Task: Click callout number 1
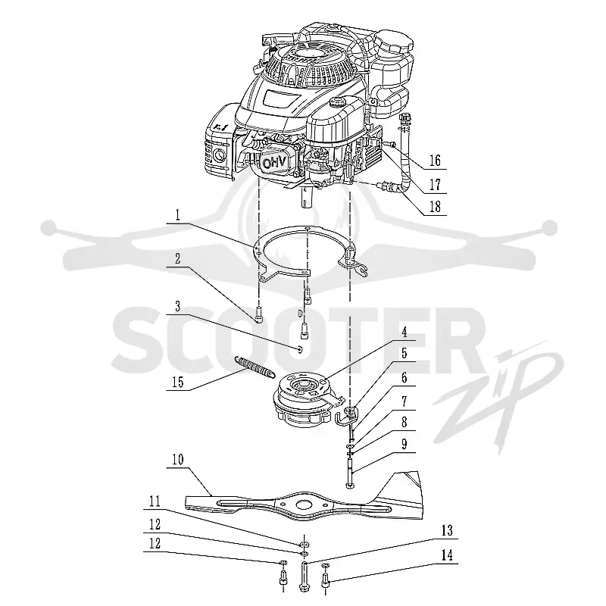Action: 177,215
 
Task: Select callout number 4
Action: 405,333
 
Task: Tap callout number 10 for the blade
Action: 178,460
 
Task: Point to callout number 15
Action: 178,383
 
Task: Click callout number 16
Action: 435,161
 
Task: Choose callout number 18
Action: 435,207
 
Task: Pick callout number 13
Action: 447,531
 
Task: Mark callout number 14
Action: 447,556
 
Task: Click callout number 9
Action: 405,445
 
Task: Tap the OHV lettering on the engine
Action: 275,163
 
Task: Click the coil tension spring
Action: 255,367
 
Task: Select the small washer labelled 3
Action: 300,350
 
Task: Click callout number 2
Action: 177,259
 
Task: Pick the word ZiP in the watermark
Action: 498,394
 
